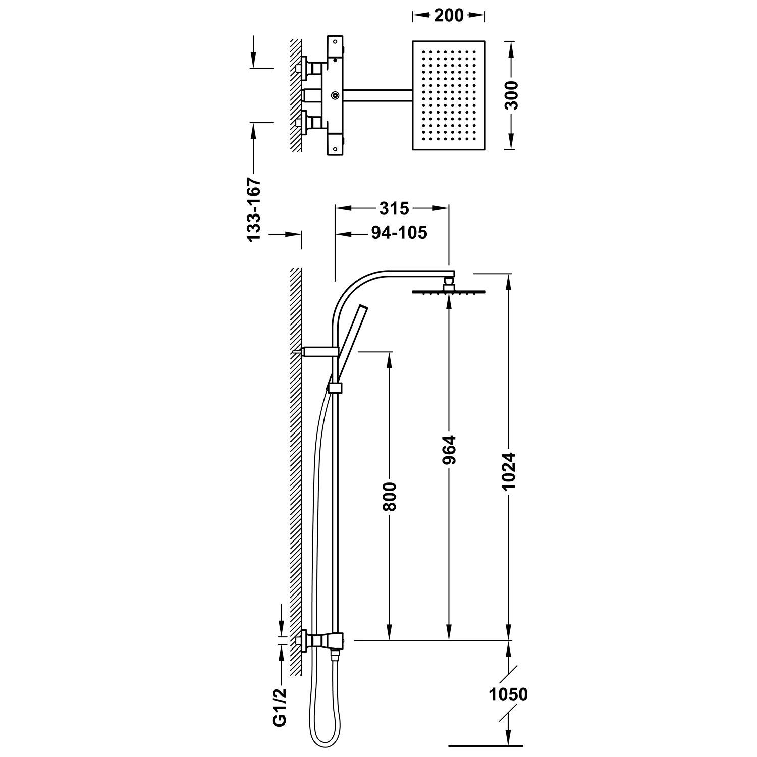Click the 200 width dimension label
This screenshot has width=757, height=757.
click(x=448, y=16)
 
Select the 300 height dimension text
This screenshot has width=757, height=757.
click(x=512, y=95)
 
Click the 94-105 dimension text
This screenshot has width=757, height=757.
click(x=399, y=233)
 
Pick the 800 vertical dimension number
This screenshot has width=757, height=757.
click(x=389, y=497)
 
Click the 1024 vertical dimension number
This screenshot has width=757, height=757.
click(x=509, y=470)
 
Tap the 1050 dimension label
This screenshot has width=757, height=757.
click(x=508, y=694)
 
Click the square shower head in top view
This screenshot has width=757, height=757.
click(x=449, y=96)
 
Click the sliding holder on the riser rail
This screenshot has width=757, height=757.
click(x=335, y=388)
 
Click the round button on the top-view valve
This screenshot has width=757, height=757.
click(x=335, y=95)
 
